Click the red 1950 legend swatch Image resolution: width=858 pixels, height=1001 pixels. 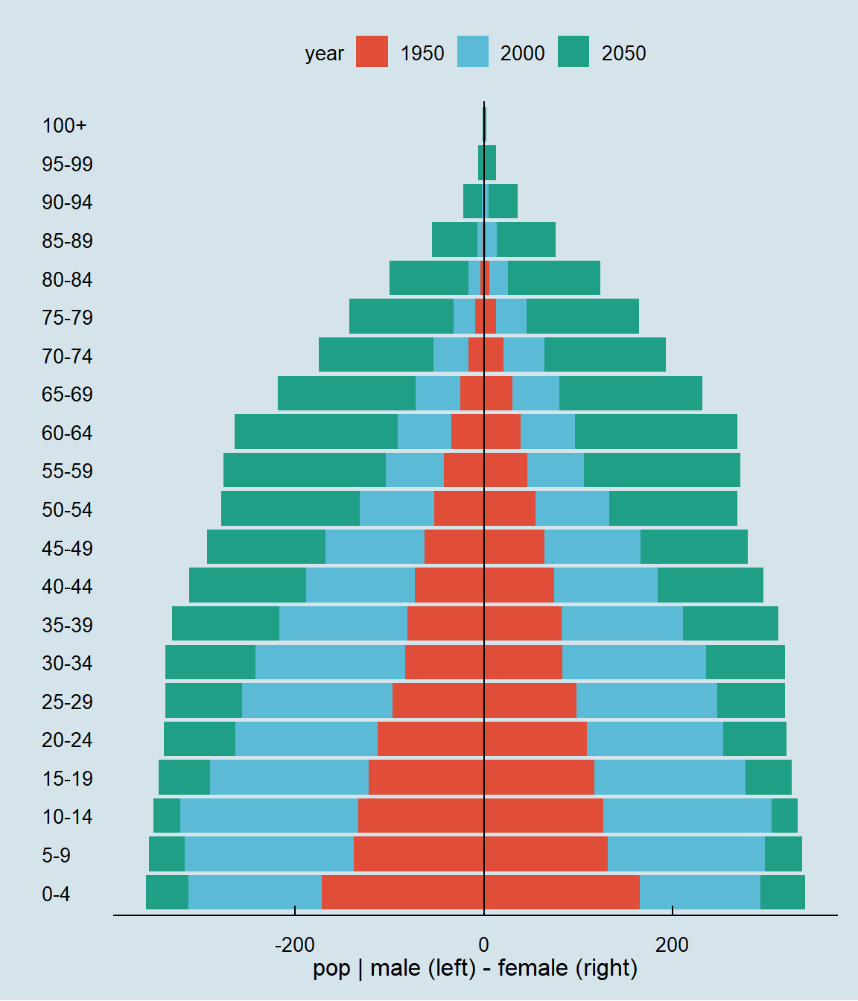tap(372, 51)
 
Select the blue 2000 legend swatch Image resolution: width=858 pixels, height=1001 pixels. tap(473, 51)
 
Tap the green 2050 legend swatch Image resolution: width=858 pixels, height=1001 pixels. tap(573, 51)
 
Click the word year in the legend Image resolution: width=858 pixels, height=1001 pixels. tap(325, 54)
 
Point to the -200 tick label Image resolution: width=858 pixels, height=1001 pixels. tap(295, 945)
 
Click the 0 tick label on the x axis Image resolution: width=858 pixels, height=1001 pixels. tap(483, 945)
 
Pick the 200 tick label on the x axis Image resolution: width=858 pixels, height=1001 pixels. tap(672, 945)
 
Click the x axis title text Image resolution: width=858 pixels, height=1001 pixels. tap(475, 969)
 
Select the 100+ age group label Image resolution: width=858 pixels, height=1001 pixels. tap(64, 125)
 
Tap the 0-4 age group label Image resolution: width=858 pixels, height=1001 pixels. tap(56, 894)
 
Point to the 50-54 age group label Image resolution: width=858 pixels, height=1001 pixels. tap(67, 509)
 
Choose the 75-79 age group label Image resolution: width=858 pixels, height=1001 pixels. tap(67, 318)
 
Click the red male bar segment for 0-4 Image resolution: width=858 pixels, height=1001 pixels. tap(403, 892)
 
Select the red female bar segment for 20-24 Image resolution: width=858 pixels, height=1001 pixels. tap(536, 739)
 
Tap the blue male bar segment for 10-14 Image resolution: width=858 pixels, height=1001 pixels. tap(269, 816)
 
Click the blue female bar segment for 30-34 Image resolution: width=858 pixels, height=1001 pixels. tap(634, 662)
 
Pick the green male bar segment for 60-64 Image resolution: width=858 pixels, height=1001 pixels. tap(317, 431)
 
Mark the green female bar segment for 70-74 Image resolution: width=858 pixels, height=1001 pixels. tap(605, 355)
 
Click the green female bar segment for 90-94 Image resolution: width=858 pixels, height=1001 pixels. tap(503, 201)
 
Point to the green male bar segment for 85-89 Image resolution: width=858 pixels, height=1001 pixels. tap(454, 239)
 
